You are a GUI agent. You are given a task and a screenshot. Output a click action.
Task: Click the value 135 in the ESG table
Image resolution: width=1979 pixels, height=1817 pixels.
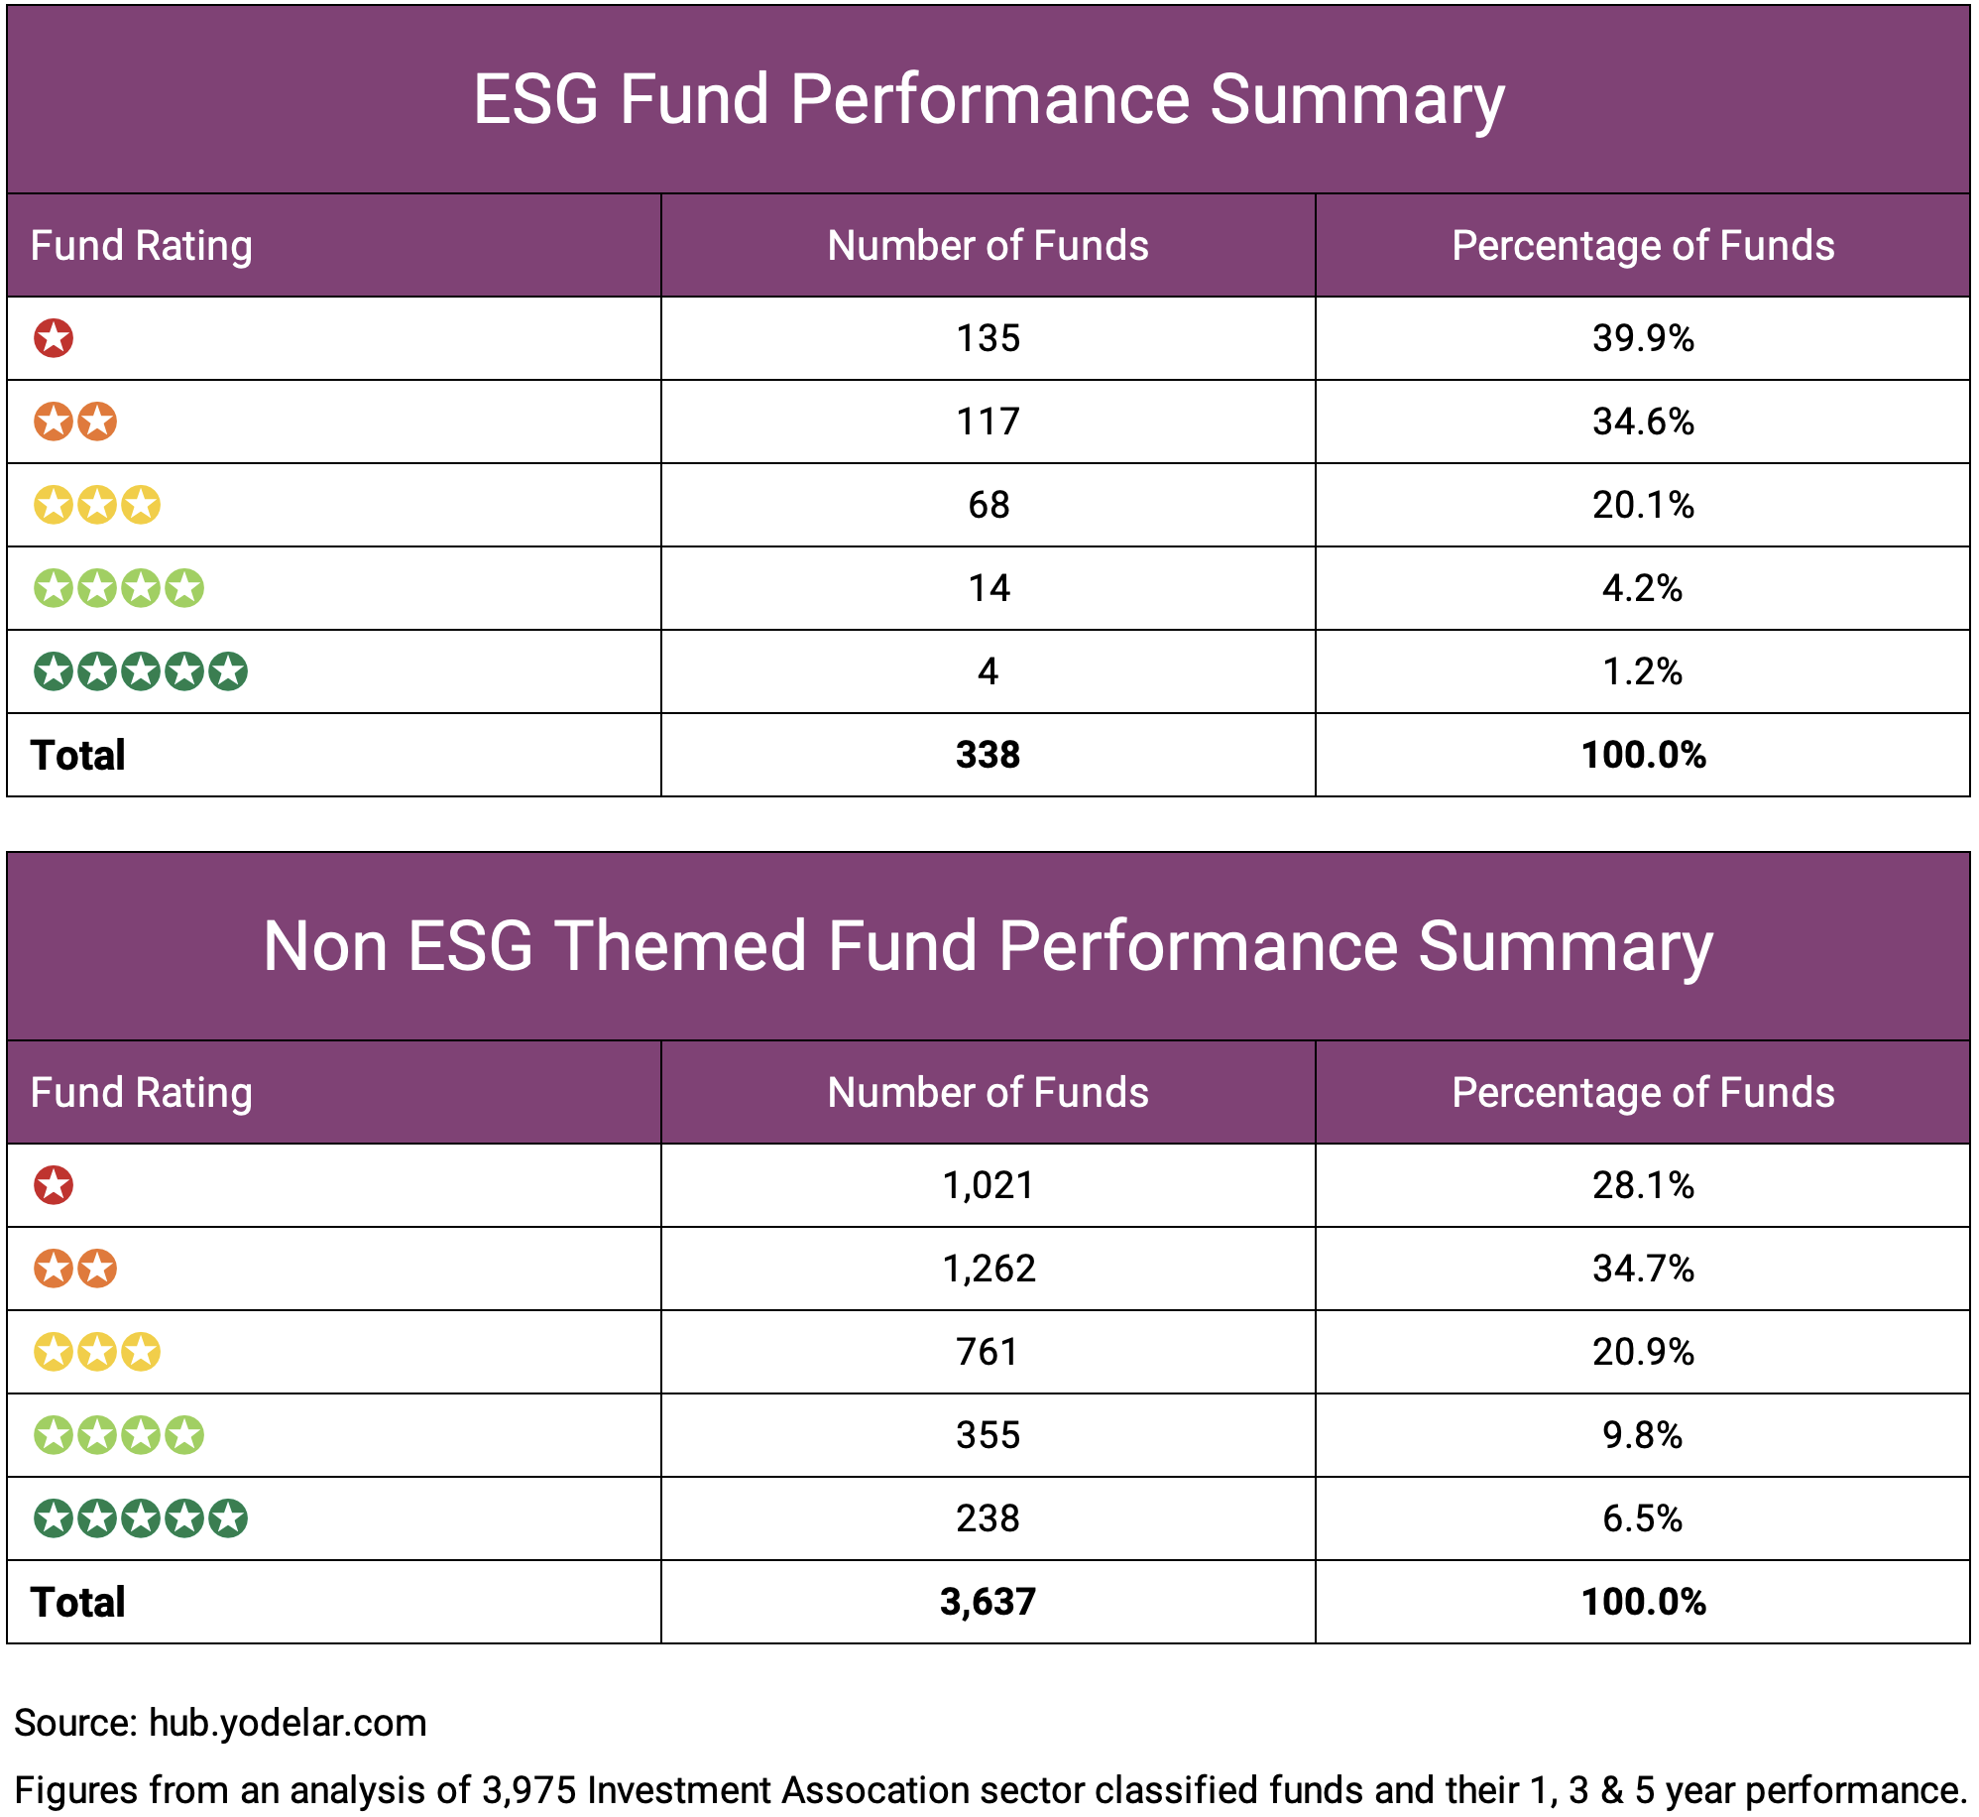[x=988, y=338]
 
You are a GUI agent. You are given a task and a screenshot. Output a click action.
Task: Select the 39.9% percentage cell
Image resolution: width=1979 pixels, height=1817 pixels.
[x=1642, y=338]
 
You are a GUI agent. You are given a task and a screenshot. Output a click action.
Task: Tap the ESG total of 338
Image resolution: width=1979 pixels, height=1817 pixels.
[x=988, y=755]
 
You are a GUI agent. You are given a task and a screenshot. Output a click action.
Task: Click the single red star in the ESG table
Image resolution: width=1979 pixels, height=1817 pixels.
[x=54, y=338]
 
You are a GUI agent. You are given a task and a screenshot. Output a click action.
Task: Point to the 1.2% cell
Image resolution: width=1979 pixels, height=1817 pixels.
[x=1642, y=671]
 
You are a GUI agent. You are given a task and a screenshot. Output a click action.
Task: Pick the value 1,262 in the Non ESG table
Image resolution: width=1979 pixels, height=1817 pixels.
[x=988, y=1269]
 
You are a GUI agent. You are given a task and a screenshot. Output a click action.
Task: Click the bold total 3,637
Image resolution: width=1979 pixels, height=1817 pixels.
[x=988, y=1602]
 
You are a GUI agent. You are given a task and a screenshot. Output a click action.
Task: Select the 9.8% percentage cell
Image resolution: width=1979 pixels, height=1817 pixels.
[x=1642, y=1435]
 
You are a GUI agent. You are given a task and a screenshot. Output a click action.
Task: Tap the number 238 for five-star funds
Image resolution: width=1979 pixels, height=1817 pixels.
[x=988, y=1518]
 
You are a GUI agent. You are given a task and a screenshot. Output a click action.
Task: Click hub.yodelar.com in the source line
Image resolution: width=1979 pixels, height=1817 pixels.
[x=288, y=1723]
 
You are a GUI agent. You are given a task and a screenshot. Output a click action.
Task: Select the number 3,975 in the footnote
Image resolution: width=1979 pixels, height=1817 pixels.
[x=528, y=1790]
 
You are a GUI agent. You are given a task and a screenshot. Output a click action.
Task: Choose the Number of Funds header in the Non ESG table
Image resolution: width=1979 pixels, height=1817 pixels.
[x=988, y=1092]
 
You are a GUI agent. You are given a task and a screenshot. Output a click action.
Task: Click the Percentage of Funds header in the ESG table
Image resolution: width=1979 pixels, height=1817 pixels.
[x=1642, y=245]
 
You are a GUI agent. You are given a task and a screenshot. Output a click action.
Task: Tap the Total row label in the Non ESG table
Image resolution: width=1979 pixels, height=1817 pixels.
[x=77, y=1602]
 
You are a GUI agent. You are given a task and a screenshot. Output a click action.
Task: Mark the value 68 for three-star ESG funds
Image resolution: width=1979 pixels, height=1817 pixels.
[x=988, y=505]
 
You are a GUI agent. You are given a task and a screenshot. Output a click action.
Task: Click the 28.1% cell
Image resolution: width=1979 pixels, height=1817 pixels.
[x=1642, y=1185]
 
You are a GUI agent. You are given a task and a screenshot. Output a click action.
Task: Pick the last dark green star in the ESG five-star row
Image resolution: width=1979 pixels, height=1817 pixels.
[x=228, y=671]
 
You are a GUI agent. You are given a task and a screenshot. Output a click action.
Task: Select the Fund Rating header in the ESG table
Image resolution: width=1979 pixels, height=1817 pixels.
[x=141, y=245]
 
